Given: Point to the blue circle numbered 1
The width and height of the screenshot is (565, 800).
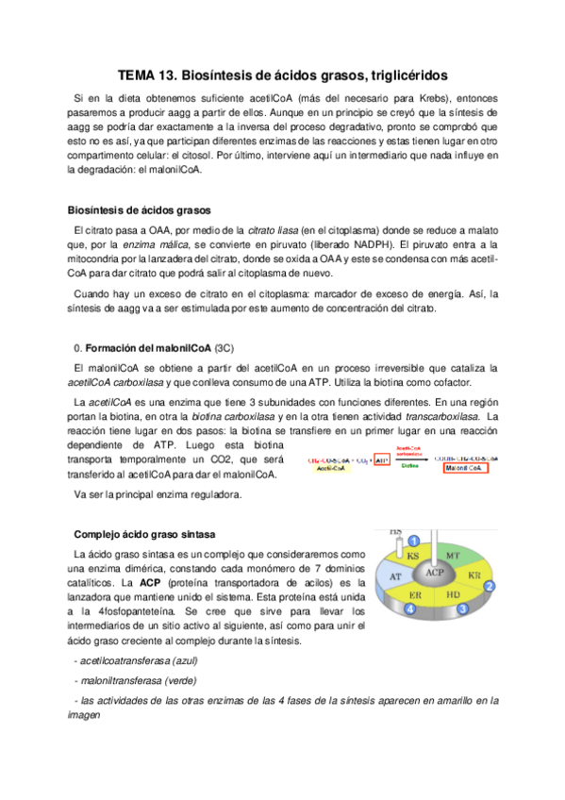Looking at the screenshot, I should point(413,540).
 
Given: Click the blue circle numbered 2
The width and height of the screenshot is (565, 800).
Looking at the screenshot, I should point(489,586).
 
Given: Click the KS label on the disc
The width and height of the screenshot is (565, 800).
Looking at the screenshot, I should point(413,557).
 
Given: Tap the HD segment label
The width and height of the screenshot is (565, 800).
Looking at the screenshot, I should point(453,595).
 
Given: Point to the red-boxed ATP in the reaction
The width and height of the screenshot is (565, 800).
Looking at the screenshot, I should point(381,459).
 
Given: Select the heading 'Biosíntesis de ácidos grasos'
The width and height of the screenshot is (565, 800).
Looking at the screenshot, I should point(140,209).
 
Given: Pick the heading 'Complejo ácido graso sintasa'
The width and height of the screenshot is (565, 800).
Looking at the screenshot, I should point(143,533).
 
